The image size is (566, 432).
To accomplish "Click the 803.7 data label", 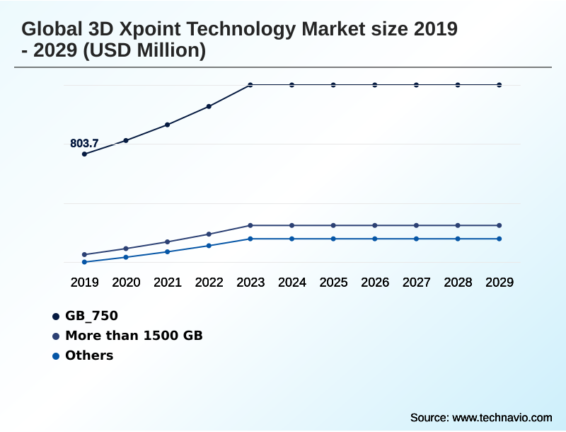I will (x=84, y=144).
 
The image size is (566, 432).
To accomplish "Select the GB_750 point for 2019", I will (x=85, y=154).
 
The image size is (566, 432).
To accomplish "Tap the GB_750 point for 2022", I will (x=209, y=106).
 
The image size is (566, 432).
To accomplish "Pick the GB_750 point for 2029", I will (x=499, y=85).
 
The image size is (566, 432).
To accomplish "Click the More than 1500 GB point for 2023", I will (x=250, y=225).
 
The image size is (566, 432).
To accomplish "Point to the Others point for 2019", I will (x=85, y=262).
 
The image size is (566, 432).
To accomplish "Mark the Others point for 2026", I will (x=375, y=239).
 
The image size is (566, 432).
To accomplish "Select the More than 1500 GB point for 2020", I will (x=126, y=249).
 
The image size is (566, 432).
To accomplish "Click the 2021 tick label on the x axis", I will (x=168, y=283).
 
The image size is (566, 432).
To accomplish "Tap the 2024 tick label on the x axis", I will (x=292, y=283).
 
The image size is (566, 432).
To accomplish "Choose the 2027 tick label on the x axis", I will (x=417, y=283).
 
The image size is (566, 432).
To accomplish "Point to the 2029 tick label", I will (x=499, y=283).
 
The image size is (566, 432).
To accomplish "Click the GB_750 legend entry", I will (x=91, y=316).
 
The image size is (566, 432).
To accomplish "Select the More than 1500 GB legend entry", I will (x=133, y=336).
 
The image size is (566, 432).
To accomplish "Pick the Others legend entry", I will (x=88, y=356).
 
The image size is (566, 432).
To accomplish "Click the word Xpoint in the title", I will (x=137, y=30).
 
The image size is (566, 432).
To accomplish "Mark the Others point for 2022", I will (x=209, y=246).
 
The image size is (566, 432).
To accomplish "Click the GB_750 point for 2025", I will (x=333, y=85).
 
